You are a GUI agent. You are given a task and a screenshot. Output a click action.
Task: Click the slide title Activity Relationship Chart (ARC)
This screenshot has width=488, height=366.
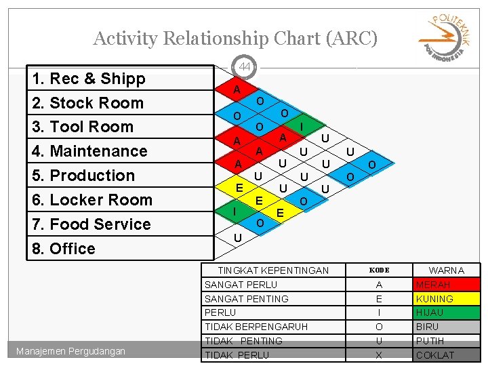235,39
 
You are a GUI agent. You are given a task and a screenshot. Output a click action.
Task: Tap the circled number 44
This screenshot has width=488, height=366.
245,66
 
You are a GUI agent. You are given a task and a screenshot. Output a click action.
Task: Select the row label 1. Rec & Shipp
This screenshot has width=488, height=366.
89,79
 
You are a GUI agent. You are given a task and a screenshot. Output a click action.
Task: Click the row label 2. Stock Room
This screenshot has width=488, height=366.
88,103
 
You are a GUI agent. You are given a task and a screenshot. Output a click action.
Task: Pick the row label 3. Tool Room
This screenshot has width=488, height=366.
83,127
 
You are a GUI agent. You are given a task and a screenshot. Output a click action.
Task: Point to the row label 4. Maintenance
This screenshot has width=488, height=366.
90,151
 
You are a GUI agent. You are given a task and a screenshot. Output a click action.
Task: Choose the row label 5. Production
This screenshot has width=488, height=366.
84,176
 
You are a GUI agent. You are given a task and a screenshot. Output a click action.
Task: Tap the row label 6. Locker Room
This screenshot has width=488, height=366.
93,200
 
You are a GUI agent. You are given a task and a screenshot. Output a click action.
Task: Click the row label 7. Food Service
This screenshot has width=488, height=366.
91,224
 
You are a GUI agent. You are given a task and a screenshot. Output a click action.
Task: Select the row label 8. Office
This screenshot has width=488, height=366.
64,249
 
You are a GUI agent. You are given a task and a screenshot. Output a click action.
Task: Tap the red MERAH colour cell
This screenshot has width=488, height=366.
447,285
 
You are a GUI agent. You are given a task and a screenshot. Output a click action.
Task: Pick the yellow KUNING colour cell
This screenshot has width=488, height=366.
447,299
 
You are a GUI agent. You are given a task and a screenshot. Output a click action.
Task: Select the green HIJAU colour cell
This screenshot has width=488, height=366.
447,312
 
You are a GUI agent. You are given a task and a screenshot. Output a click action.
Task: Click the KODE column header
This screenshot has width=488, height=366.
379,270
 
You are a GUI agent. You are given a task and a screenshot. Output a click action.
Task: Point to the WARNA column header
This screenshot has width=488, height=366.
447,270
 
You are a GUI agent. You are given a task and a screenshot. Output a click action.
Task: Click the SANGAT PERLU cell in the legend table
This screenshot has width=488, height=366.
241,285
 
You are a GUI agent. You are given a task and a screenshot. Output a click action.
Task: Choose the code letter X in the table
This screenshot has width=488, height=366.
379,355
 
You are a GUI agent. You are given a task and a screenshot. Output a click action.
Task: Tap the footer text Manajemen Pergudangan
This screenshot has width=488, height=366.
72,351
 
